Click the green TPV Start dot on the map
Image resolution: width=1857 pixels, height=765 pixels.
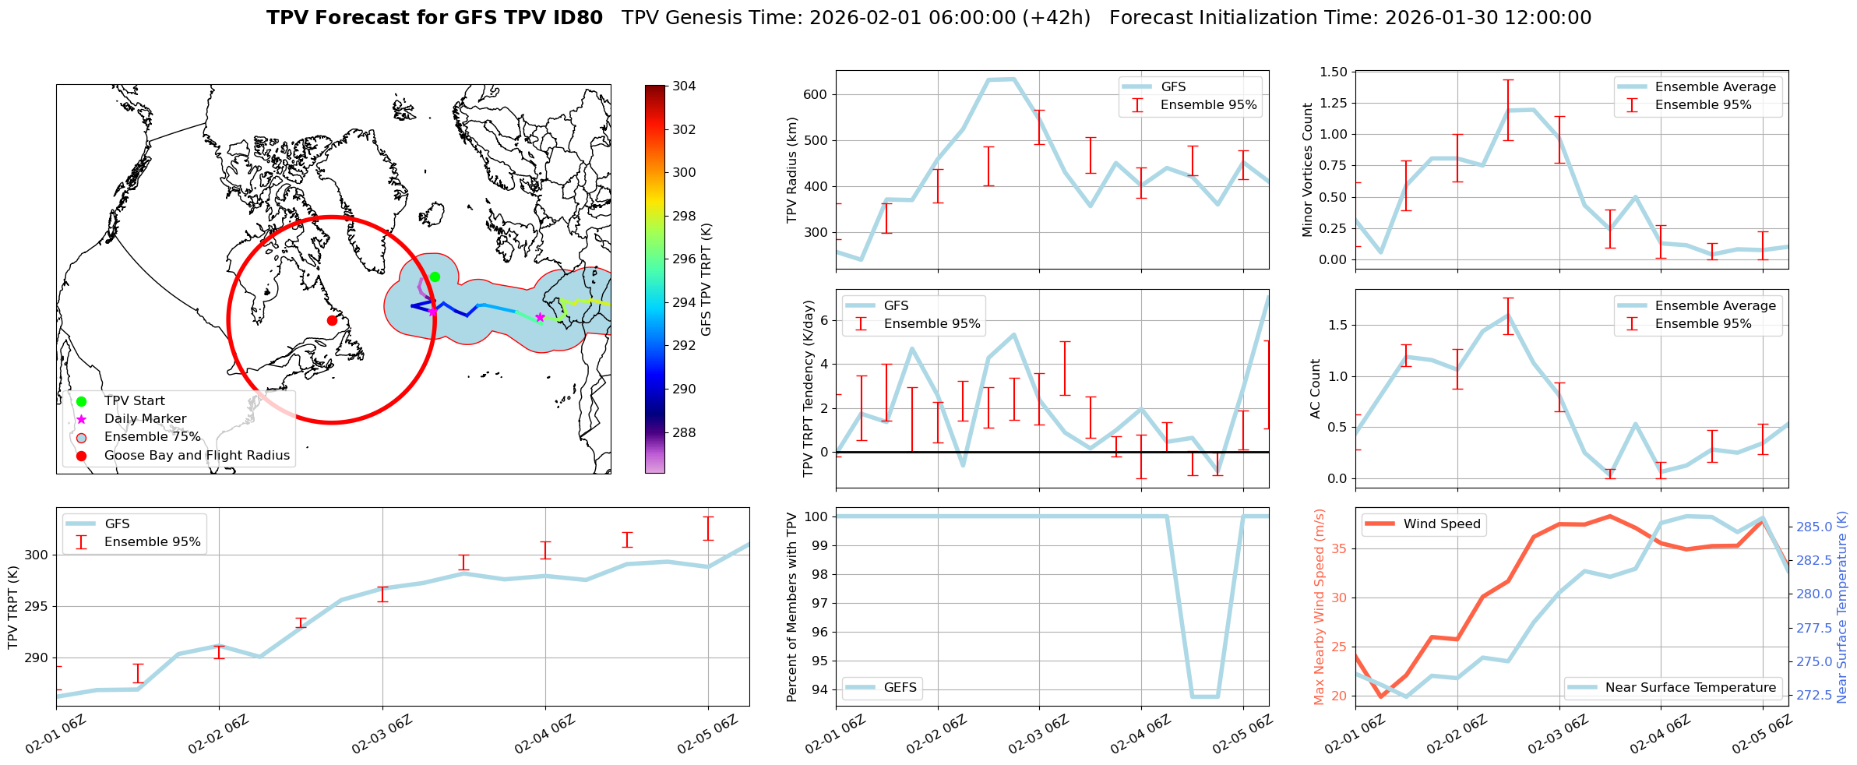435,277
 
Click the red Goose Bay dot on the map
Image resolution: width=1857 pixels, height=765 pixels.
332,320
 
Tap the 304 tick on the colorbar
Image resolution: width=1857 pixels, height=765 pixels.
684,86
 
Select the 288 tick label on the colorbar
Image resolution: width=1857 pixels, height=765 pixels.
684,432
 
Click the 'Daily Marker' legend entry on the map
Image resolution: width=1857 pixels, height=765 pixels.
145,419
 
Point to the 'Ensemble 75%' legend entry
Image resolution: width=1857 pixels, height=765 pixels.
152,437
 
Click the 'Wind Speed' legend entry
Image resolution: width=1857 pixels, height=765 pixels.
1441,524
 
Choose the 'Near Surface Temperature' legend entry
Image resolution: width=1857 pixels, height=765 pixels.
1690,687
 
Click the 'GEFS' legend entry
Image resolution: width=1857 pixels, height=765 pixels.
900,687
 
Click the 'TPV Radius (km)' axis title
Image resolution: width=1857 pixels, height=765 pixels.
792,170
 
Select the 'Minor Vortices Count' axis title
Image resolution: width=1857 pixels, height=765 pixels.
1308,170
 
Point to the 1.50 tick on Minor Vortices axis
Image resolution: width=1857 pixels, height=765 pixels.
1334,72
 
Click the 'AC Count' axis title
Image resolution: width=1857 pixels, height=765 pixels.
1316,389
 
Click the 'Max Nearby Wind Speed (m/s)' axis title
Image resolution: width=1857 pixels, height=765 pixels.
1319,607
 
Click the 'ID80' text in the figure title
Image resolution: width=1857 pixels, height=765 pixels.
576,18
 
